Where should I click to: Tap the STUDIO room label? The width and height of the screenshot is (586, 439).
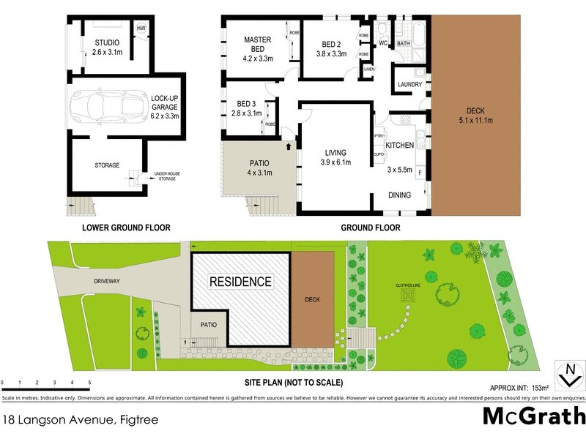pyautogui.click(x=107, y=42)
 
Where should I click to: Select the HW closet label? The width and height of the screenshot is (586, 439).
pyautogui.click(x=141, y=28)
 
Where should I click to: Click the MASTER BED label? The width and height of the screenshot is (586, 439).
pyautogui.click(x=257, y=44)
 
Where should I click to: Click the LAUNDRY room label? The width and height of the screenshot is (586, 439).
pyautogui.click(x=409, y=84)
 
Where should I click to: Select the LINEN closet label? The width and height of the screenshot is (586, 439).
pyautogui.click(x=368, y=70)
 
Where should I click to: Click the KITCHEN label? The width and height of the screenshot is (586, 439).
pyautogui.click(x=400, y=146)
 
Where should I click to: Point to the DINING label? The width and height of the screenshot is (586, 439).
pyautogui.click(x=400, y=195)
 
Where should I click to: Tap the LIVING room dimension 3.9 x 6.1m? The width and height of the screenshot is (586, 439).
pyautogui.click(x=334, y=162)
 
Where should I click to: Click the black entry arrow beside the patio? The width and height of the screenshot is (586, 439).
pyautogui.click(x=288, y=147)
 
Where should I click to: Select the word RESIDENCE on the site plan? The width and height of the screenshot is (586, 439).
pyautogui.click(x=241, y=281)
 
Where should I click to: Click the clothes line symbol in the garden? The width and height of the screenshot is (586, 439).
pyautogui.click(x=407, y=296)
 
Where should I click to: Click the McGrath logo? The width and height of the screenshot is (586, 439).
pyautogui.click(x=533, y=416)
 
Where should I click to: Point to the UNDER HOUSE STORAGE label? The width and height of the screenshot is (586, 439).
pyautogui.click(x=168, y=176)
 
